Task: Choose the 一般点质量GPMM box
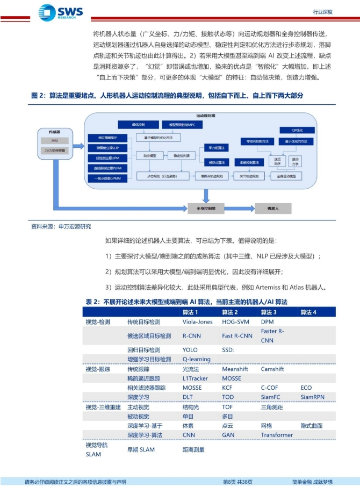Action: click(x=107, y=178)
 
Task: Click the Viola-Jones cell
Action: click(x=197, y=322)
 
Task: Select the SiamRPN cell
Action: click(x=313, y=397)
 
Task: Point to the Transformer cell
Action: click(x=277, y=435)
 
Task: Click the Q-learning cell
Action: click(x=196, y=359)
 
